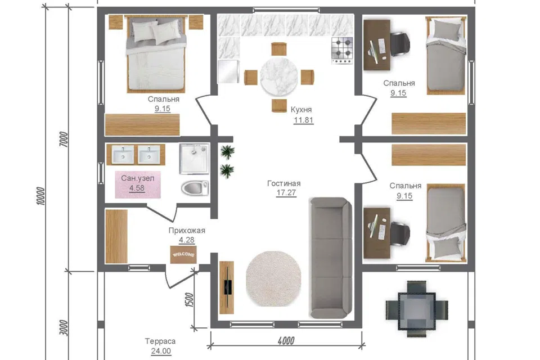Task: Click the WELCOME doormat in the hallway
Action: [183, 254]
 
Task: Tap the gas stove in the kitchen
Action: [343, 50]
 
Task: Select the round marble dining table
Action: [279, 76]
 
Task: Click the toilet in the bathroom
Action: [195, 188]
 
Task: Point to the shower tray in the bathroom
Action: [194, 159]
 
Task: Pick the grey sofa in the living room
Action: [331, 258]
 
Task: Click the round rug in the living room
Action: [273, 278]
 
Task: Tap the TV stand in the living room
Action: [227, 287]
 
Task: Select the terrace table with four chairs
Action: [417, 309]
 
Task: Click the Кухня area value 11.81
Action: [303, 120]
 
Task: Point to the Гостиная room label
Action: [283, 183]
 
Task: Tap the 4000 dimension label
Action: [286, 341]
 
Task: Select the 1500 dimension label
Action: [189, 300]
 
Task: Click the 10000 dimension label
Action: [40, 196]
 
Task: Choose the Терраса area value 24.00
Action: [161, 351]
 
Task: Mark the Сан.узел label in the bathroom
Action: [137, 178]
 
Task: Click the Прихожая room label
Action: [187, 231]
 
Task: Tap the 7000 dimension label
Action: [64, 139]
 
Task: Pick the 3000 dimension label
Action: [64, 327]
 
